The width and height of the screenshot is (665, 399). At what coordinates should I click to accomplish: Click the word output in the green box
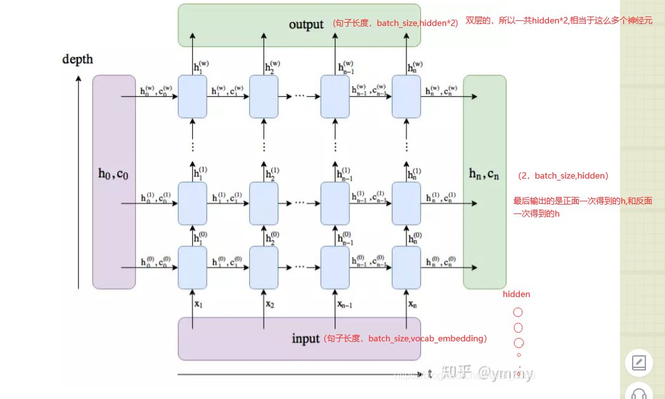click(x=306, y=25)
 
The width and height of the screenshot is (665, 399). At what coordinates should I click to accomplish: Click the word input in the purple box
click(x=306, y=339)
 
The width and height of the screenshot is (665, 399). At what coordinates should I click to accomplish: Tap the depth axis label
click(x=77, y=60)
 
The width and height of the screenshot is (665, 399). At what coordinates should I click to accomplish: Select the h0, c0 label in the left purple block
click(x=113, y=174)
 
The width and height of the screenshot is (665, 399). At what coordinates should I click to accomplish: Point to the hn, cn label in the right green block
click(x=484, y=174)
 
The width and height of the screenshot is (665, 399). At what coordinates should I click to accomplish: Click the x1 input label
click(x=198, y=305)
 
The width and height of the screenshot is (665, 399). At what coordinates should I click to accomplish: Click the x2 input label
click(x=270, y=305)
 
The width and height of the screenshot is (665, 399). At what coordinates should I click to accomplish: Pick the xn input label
click(x=413, y=305)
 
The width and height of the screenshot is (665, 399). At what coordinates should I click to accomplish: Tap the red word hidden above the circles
click(x=516, y=294)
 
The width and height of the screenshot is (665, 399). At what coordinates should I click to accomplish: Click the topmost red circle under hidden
click(x=518, y=312)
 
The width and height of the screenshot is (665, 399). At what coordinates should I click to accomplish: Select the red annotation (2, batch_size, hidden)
click(x=563, y=175)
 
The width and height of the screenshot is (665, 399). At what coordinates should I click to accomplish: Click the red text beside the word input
click(x=405, y=339)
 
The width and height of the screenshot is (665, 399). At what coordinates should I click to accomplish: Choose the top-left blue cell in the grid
click(x=193, y=96)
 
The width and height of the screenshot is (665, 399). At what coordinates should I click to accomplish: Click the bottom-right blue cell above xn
click(x=406, y=267)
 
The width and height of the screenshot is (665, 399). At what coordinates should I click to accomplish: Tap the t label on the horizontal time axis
click(x=430, y=373)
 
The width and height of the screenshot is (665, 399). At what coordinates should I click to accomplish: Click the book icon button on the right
click(x=638, y=364)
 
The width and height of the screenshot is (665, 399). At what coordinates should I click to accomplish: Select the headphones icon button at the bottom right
click(x=638, y=393)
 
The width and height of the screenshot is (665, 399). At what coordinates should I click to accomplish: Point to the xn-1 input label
click(x=344, y=305)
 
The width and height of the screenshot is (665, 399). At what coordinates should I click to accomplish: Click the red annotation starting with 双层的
click(x=558, y=21)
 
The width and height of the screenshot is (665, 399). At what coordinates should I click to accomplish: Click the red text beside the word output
click(x=395, y=23)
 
